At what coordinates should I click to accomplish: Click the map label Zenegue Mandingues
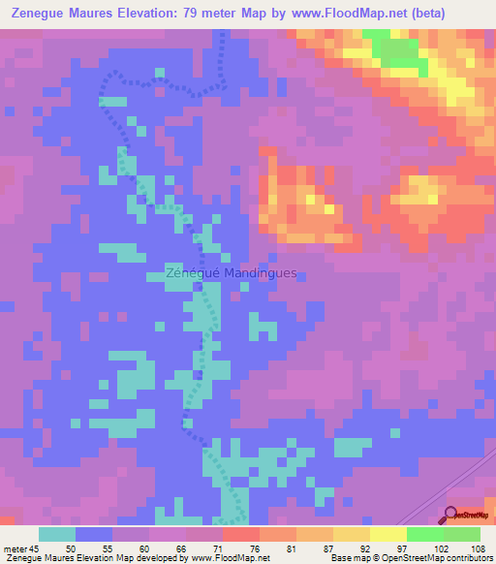pos(231,273)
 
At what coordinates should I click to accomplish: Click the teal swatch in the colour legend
pos(57,534)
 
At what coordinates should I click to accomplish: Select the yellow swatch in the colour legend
pos(388,534)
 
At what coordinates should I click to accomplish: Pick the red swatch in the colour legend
pos(241,534)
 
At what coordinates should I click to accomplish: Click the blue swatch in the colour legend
pos(94,534)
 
